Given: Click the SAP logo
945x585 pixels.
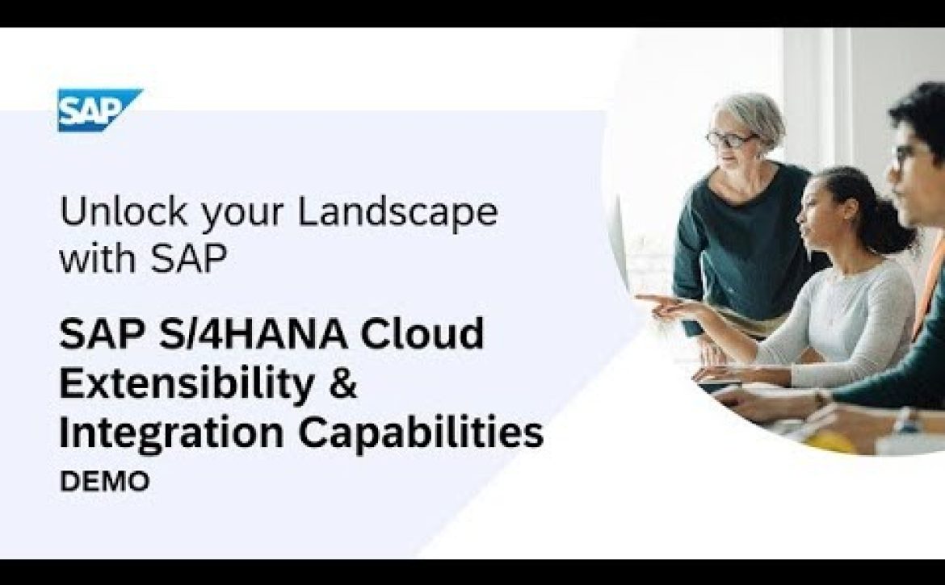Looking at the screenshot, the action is point(100,110).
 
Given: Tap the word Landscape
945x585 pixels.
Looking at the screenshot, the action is point(398,212).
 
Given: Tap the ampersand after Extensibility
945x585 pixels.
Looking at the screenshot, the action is point(343,384).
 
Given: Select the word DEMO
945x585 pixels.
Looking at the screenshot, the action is point(105,482).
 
